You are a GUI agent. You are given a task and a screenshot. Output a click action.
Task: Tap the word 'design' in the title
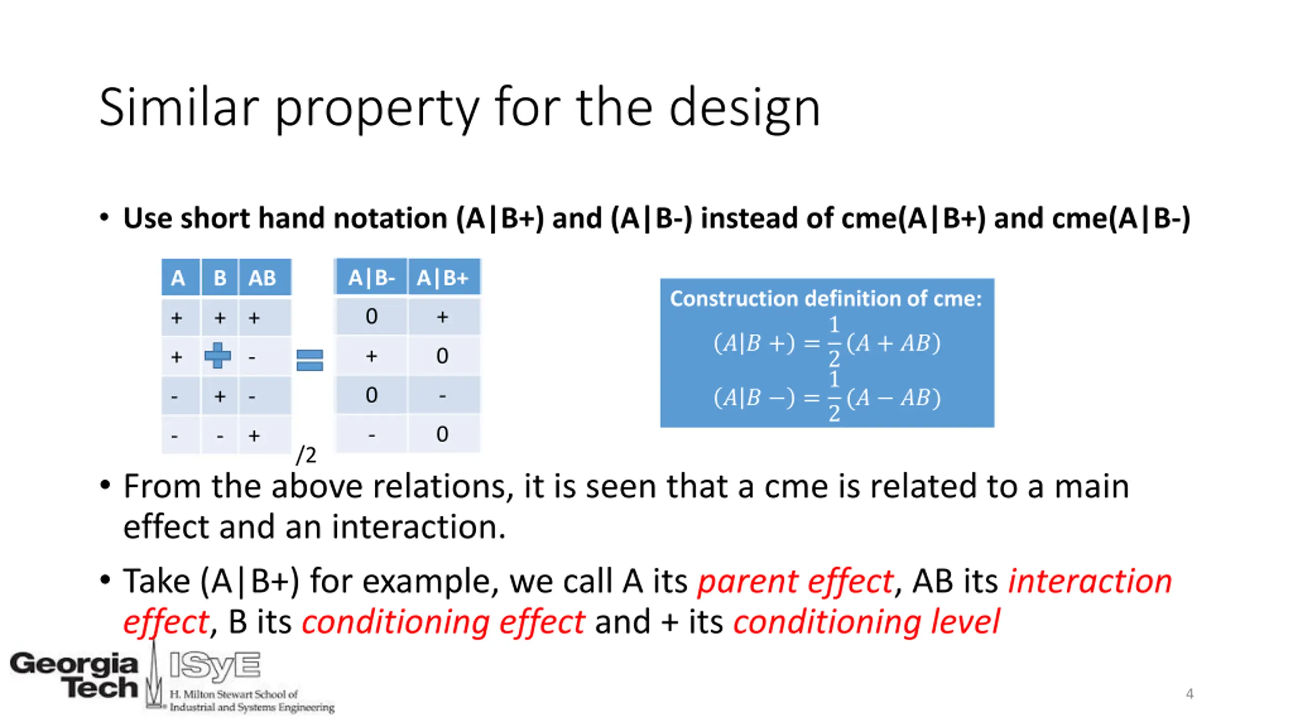tap(744, 109)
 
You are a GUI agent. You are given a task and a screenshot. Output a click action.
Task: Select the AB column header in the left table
tap(262, 277)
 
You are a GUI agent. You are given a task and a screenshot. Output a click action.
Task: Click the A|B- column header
tap(371, 277)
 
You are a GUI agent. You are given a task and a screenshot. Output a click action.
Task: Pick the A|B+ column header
tap(443, 277)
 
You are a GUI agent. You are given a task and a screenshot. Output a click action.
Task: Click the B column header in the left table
tap(220, 277)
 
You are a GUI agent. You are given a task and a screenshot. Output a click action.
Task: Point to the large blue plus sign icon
tap(218, 355)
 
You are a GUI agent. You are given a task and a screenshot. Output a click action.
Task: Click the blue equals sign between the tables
tap(310, 360)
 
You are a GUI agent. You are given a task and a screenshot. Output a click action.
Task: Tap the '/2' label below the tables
tap(306, 455)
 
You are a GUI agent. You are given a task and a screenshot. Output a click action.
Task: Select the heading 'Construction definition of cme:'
tap(826, 298)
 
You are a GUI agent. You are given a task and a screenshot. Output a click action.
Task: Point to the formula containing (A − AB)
tap(827, 397)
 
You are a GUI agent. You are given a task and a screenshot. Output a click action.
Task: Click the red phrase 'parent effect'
tap(795, 581)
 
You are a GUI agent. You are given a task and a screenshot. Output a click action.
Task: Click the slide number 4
tap(1189, 693)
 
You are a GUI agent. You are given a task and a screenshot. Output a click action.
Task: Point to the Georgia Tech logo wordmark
tap(74, 674)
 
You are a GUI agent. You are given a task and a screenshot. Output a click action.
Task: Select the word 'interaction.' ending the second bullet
tap(419, 527)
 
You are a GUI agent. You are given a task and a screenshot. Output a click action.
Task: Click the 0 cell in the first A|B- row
tap(371, 317)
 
